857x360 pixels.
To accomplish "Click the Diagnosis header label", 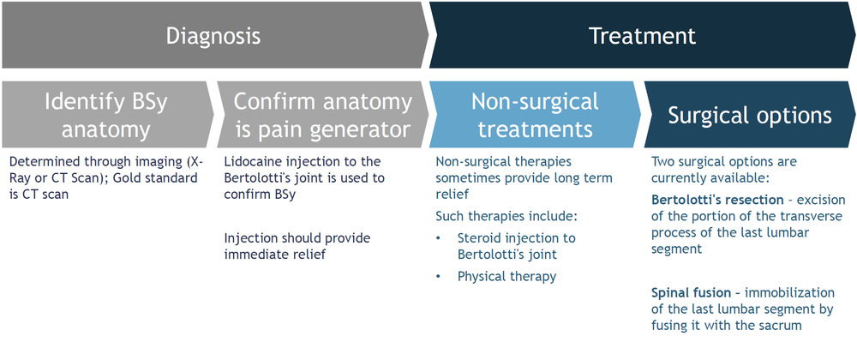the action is pos(213,37).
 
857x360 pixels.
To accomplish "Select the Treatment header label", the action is pos(642,37).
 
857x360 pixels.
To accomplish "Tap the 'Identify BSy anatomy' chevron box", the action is pos(105,115).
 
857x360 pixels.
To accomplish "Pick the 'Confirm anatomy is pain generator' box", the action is pos(321,115).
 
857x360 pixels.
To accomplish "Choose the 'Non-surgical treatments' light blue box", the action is pos(534,115).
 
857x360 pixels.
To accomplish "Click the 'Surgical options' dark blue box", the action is pos(749,115).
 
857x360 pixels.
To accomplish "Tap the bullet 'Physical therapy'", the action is pos(506,276).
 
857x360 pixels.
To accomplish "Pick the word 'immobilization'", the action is pos(792,292).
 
